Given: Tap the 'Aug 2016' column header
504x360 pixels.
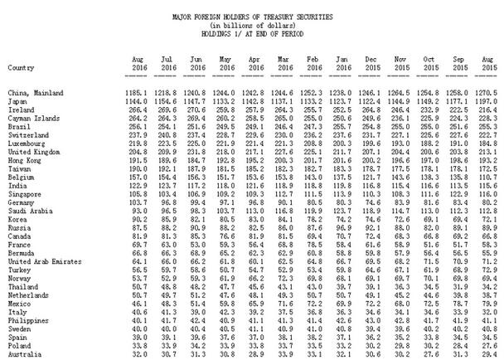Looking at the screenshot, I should point(140,62).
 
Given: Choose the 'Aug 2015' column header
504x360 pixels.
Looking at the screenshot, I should point(490,62).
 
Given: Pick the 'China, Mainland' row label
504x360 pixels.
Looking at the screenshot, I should point(34,90).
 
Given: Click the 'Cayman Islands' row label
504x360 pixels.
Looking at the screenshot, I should point(32,117).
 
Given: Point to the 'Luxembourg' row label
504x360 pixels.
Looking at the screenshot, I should point(27,144).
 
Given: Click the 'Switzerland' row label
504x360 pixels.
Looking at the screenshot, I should point(28,135).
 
